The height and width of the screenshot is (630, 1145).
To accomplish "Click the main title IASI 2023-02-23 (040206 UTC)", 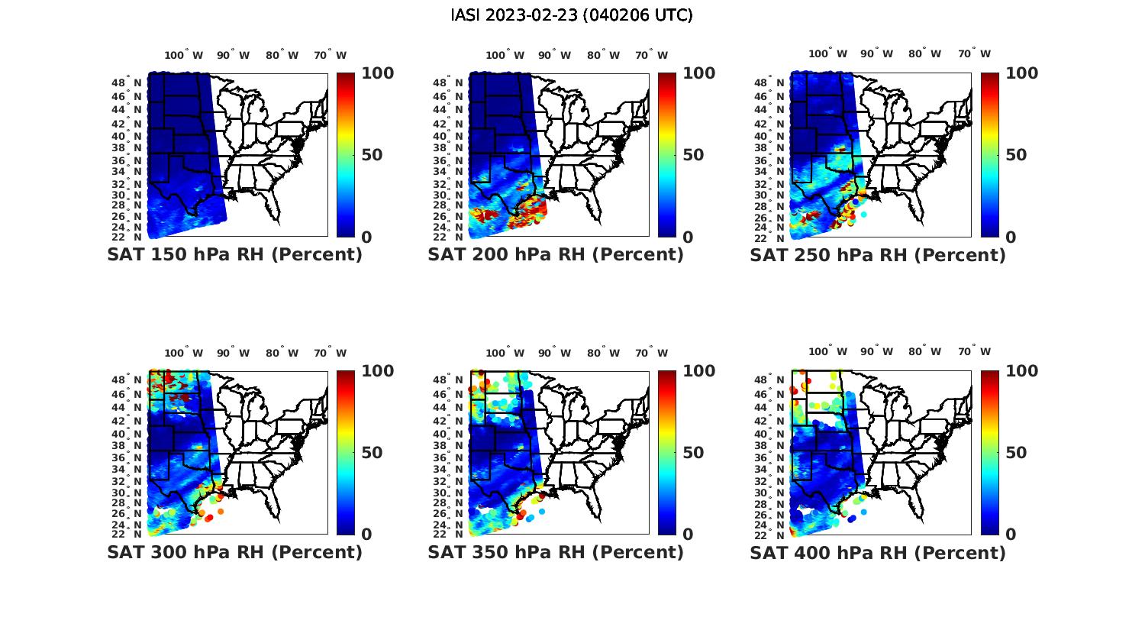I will (572, 15).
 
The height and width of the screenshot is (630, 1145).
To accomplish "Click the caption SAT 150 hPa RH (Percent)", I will (234, 255).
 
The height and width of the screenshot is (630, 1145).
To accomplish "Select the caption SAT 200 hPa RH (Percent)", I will (556, 255).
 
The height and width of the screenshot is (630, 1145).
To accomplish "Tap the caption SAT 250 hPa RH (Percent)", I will (878, 255).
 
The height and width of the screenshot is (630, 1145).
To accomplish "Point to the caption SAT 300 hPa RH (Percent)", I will (234, 552).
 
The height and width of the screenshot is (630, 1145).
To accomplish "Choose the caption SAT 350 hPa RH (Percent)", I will (556, 552).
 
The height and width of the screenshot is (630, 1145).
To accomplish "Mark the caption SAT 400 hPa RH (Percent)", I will (878, 552).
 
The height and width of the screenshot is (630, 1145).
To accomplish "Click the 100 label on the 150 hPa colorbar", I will (377, 73).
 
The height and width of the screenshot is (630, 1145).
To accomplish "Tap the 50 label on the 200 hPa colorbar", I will (692, 155).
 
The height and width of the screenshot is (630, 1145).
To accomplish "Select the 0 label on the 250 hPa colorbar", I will (1011, 237).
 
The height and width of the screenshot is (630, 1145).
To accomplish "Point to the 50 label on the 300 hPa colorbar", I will (371, 453).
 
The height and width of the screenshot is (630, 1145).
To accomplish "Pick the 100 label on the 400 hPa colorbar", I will (1022, 371).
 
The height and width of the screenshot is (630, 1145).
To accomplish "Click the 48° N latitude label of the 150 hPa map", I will (127, 82).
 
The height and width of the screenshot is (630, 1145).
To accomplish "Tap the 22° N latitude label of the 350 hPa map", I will (448, 534).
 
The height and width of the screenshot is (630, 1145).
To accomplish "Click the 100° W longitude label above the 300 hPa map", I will (184, 353).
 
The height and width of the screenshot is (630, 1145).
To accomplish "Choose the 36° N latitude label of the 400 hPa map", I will (770, 457).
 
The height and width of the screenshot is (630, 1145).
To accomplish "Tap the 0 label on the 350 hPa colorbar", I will (688, 535).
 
